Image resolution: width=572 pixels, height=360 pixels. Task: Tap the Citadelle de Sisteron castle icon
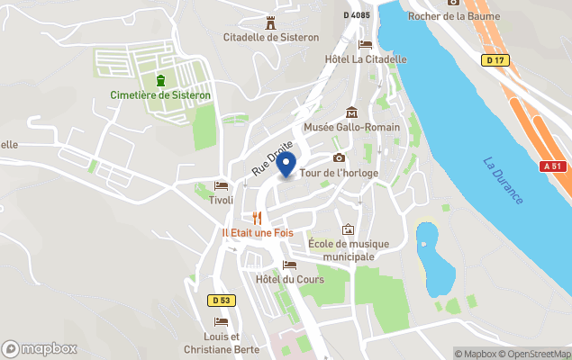tap(270, 23)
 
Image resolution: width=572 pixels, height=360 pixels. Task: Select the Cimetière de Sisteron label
tap(160, 94)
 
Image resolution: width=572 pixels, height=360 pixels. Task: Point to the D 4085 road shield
tap(358, 14)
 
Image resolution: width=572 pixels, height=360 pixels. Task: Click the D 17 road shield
tap(492, 60)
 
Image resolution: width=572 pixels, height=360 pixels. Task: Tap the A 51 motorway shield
tap(552, 166)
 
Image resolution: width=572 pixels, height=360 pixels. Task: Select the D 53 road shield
tap(221, 300)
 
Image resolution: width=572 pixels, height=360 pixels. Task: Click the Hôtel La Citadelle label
tap(365, 59)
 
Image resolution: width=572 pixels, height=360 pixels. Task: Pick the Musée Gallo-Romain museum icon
tap(351, 112)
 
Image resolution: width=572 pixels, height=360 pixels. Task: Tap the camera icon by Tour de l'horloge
tap(339, 158)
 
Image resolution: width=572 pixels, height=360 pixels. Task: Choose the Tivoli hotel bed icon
tap(221, 186)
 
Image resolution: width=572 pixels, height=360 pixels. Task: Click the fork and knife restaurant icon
tap(257, 218)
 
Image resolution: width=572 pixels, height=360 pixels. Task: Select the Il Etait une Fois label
tap(257, 232)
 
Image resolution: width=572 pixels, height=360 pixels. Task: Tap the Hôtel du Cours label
tap(288, 279)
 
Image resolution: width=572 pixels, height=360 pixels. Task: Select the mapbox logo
tap(40, 348)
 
